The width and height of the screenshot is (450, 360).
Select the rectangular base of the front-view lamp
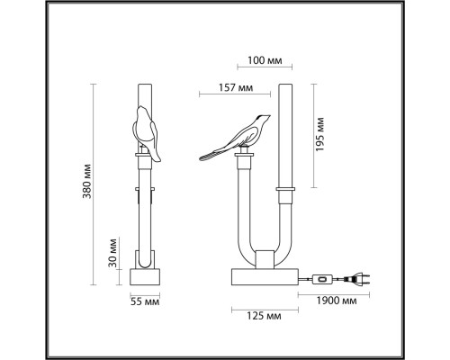(x=262, y=279)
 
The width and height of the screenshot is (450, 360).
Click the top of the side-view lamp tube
(x=143, y=88)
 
